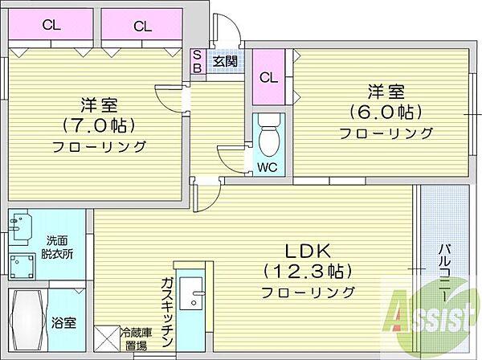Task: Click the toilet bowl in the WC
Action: coord(269,134)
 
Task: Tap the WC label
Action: coord(268,168)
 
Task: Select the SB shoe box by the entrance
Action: coord(198,62)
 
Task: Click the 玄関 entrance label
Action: coord(225,62)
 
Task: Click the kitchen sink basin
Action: coord(191,293)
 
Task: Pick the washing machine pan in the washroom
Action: coord(22,266)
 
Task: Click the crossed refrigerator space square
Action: coord(106,339)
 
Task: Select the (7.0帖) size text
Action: coord(100,125)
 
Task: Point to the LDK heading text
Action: coord(308,252)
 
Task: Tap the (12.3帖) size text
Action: coord(308,271)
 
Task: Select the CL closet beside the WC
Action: coord(268,77)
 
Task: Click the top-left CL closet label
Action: coord(51,25)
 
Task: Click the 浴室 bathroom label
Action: coord(64,323)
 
